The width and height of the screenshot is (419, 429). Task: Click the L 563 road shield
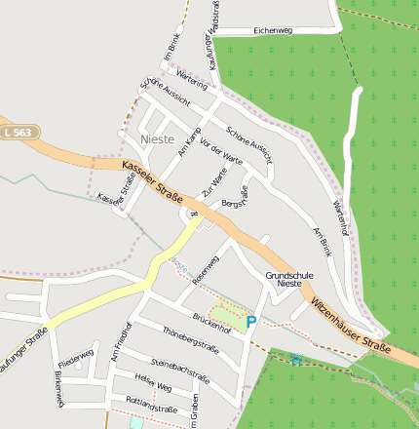pyautogui.click(x=17, y=132)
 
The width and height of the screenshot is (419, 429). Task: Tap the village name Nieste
pyautogui.click(x=158, y=139)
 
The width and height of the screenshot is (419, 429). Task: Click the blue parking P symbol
pyautogui.click(x=250, y=321)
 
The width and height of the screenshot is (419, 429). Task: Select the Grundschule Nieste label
pyautogui.click(x=288, y=280)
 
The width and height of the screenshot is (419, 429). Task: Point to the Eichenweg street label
pyautogui.click(x=272, y=31)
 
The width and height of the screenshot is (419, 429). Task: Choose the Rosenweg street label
pyautogui.click(x=207, y=269)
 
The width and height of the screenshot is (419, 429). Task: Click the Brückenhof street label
pyautogui.click(x=211, y=323)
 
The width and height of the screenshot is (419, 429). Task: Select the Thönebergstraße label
pyautogui.click(x=189, y=339)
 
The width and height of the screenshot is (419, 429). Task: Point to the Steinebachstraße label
pyautogui.click(x=180, y=371)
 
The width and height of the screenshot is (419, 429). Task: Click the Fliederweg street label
pyautogui.click(x=76, y=352)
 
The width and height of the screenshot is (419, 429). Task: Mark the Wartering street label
pyautogui.click(x=192, y=85)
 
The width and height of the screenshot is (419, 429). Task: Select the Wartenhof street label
pyautogui.click(x=340, y=217)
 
